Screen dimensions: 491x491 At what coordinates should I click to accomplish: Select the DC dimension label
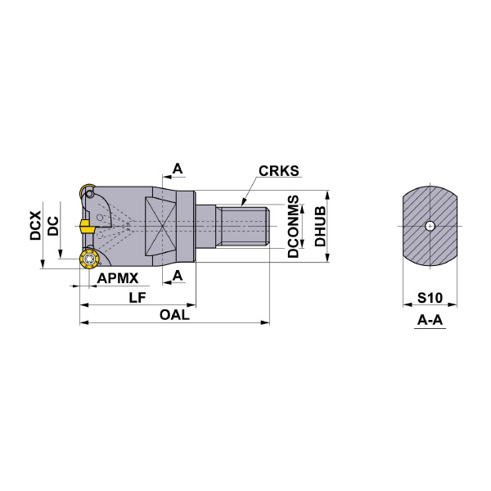pos(52,225)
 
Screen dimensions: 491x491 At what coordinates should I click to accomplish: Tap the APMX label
pos(117,278)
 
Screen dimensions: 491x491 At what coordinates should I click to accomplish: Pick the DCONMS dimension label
pos(293,227)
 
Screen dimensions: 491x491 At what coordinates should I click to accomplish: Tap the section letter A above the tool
pos(178,169)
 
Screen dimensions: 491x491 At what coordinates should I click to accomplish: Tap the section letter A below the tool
pos(178,276)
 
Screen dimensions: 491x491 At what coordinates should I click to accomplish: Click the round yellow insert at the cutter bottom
pos(88,260)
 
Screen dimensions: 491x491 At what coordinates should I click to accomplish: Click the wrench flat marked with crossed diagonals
pos(162,226)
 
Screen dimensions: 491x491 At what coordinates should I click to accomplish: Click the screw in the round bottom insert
pos(88,260)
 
